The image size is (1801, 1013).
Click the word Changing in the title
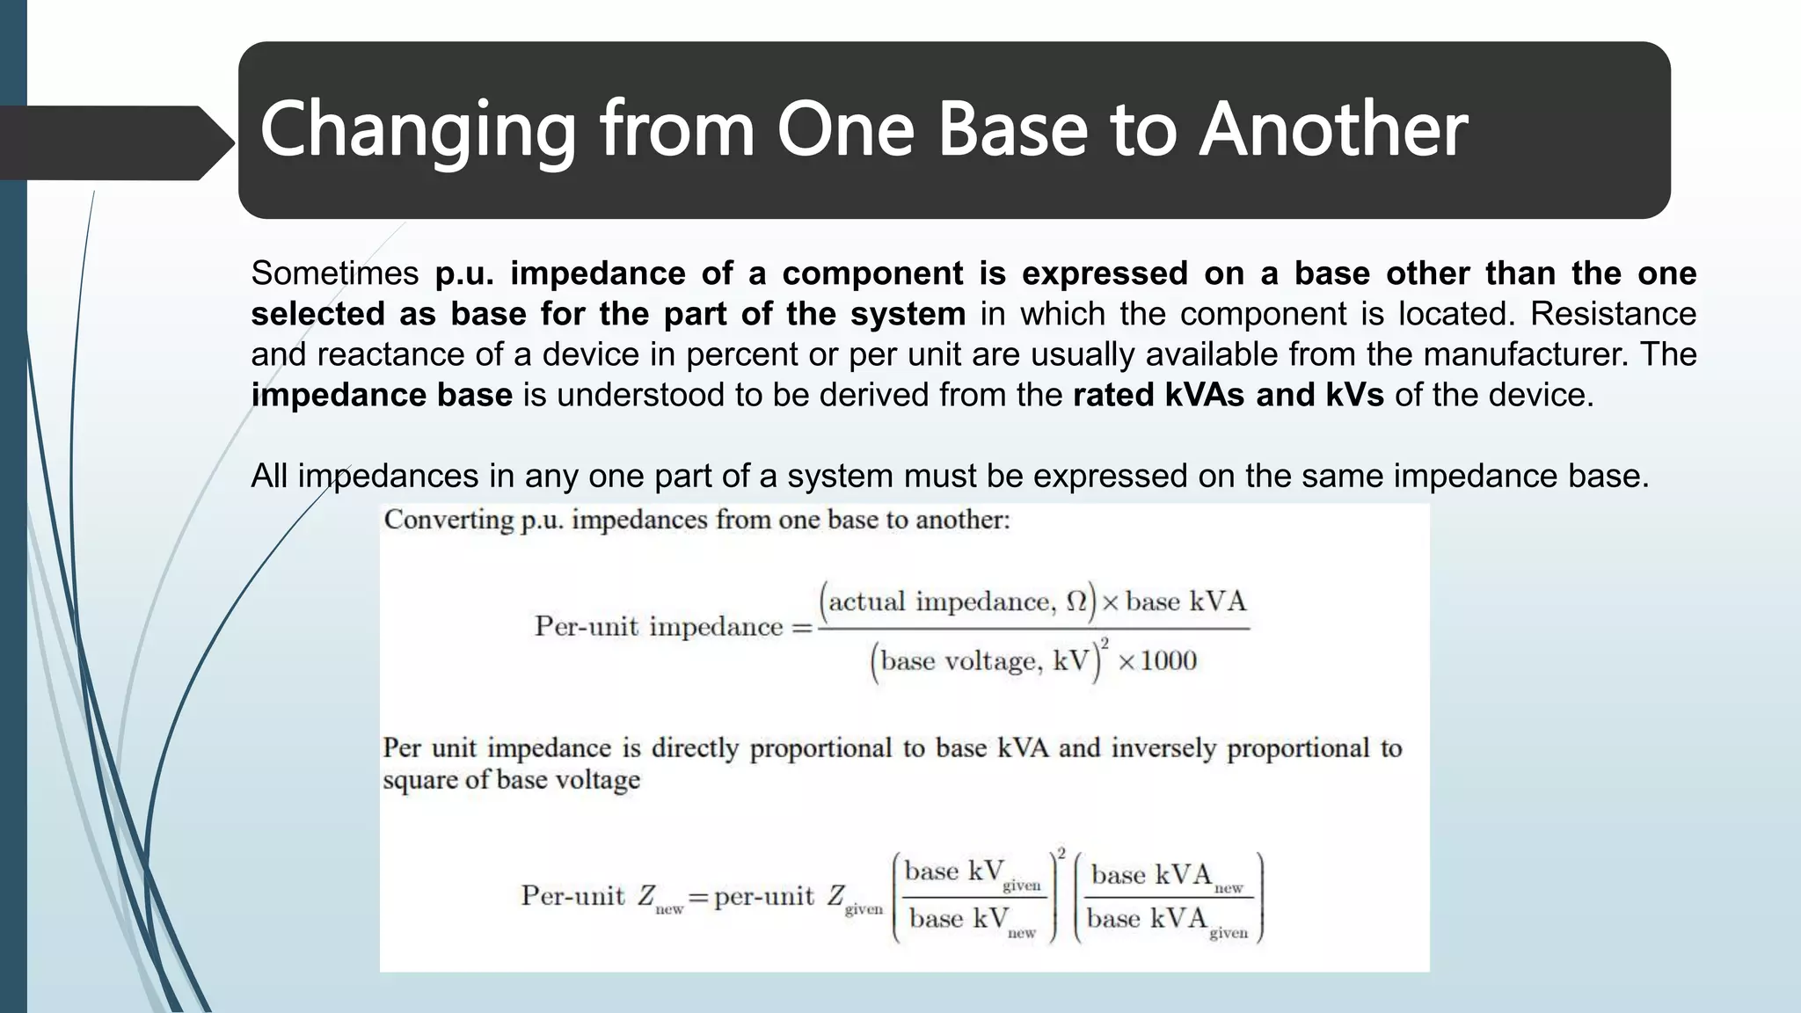click(417, 130)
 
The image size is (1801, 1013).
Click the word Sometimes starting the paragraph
click(335, 273)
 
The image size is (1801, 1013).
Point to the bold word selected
click(317, 314)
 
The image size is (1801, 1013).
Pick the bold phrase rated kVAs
click(1158, 395)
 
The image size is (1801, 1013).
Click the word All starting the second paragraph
click(269, 476)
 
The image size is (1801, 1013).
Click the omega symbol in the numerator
click(1076, 601)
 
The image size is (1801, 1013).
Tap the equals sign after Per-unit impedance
click(802, 627)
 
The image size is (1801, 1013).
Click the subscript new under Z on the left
click(669, 909)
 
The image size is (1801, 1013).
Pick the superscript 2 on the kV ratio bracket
click(1061, 853)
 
